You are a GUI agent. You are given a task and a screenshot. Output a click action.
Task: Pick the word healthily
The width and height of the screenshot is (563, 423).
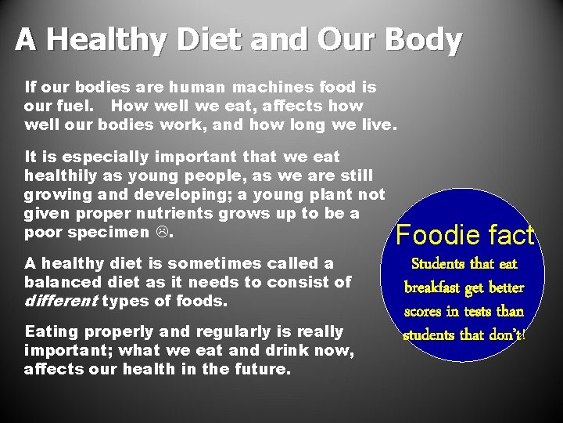60,176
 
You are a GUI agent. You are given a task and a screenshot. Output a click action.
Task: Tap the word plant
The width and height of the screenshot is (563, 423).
325,195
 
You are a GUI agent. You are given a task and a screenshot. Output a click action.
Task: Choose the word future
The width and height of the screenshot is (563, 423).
258,369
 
